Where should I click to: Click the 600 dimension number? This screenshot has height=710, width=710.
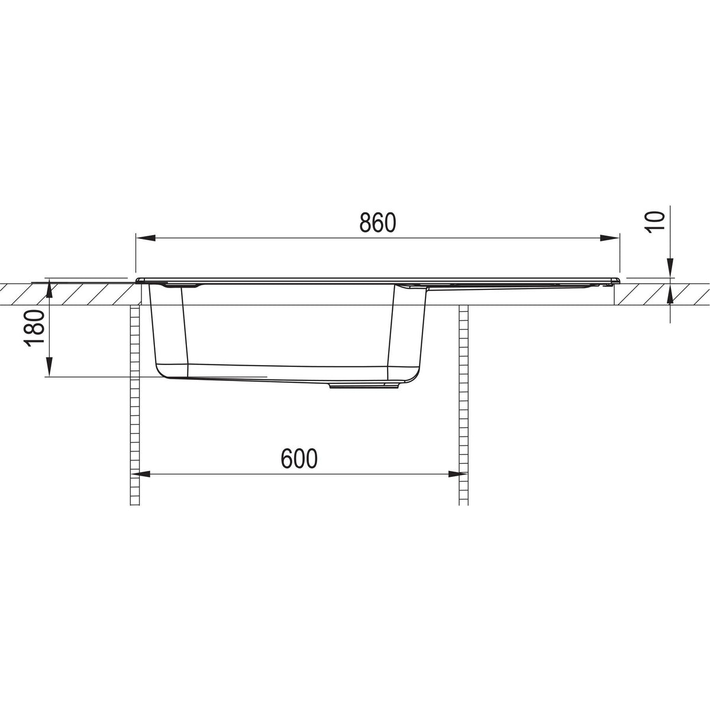coord(299,459)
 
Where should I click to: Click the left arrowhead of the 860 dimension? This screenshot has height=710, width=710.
coord(145,238)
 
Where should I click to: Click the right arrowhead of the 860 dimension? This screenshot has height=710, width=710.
coord(611,238)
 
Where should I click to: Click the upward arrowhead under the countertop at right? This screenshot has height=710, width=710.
coord(670,294)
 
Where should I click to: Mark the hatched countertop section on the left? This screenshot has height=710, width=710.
coord(65,294)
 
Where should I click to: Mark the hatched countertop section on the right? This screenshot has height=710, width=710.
coord(663,294)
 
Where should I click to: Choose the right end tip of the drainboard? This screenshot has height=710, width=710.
coord(618,279)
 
